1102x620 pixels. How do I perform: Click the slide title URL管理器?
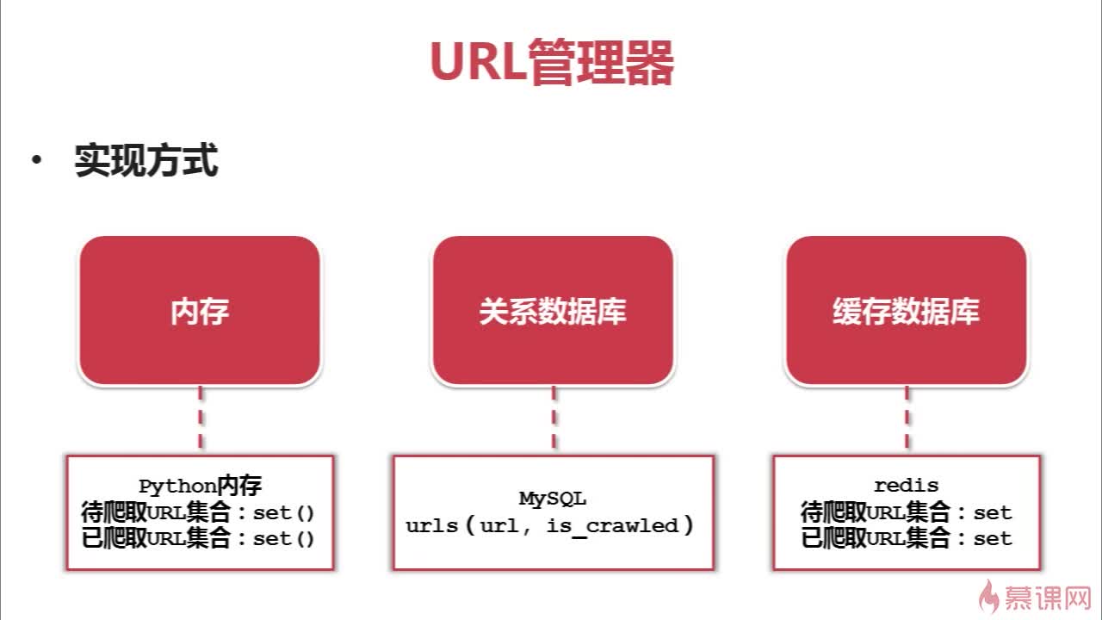click(x=552, y=62)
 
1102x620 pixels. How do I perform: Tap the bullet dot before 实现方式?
click(x=36, y=159)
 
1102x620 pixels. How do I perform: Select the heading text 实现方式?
click(x=146, y=160)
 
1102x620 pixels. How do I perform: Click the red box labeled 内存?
click(x=200, y=311)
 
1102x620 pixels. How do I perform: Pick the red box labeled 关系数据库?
click(x=553, y=311)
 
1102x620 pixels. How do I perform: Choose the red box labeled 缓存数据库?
click(x=907, y=311)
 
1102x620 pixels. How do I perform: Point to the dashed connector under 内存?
click(x=201, y=418)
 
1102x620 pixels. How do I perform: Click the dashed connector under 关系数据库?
click(x=554, y=418)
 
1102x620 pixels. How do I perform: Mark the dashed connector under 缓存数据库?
click(x=907, y=418)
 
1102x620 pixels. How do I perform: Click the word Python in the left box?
click(x=178, y=487)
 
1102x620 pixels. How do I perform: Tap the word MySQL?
click(x=553, y=499)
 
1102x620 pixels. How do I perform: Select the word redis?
click(x=907, y=486)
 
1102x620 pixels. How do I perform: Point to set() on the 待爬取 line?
click(x=283, y=513)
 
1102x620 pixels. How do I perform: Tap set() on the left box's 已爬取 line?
click(x=283, y=539)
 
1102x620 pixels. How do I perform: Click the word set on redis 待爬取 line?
click(x=993, y=513)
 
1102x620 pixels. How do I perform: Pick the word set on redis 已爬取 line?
click(x=993, y=539)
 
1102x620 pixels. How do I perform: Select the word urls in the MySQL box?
click(x=432, y=526)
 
